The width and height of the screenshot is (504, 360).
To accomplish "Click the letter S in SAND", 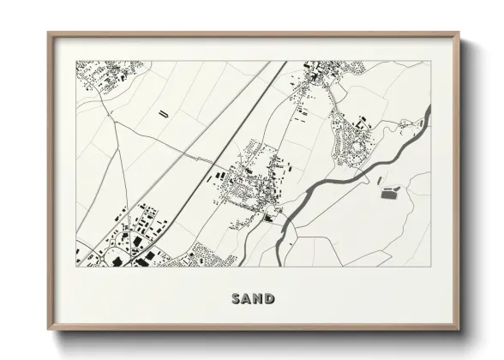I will tap(236, 298).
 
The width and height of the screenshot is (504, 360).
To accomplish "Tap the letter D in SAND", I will tap(270, 298).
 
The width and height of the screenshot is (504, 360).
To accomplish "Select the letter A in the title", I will tap(247, 298).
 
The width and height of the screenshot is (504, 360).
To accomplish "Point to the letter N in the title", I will tap(258, 298).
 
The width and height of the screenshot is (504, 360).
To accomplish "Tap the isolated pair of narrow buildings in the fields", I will tap(163, 112).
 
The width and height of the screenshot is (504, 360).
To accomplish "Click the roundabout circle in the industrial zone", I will tap(117, 254).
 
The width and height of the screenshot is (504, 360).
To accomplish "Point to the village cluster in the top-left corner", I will tap(99, 77).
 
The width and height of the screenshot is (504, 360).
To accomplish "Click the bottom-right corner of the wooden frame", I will tap(459, 330).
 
